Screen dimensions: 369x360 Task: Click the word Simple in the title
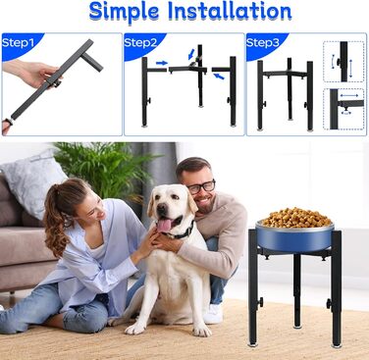tap(124, 12)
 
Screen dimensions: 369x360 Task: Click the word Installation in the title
tap(230, 11)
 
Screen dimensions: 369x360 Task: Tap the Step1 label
tap(18, 43)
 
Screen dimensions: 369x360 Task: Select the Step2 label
tap(140, 42)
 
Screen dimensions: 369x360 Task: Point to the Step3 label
tap(263, 42)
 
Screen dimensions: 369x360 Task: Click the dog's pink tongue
tap(165, 225)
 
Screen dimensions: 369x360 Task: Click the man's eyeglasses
tap(201, 187)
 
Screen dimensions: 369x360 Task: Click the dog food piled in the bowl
tap(296, 218)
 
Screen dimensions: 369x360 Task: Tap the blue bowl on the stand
tap(294, 237)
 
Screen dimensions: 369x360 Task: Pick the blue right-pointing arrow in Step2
tap(162, 63)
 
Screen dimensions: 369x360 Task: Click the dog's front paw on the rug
tap(135, 329)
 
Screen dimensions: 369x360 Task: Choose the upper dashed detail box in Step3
tap(343, 62)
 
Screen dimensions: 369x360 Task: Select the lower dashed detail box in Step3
tap(343, 109)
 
